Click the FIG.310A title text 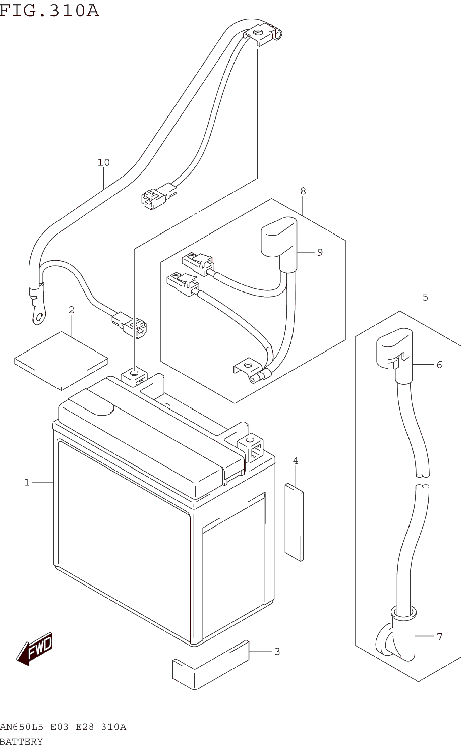[49, 10]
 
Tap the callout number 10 [103, 162]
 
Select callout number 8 [303, 191]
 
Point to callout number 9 [320, 252]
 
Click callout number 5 [426, 297]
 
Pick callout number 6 [439, 365]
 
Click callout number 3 [277, 652]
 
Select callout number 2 [72, 310]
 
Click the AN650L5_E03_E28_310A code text [63, 727]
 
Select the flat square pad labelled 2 [61, 360]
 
